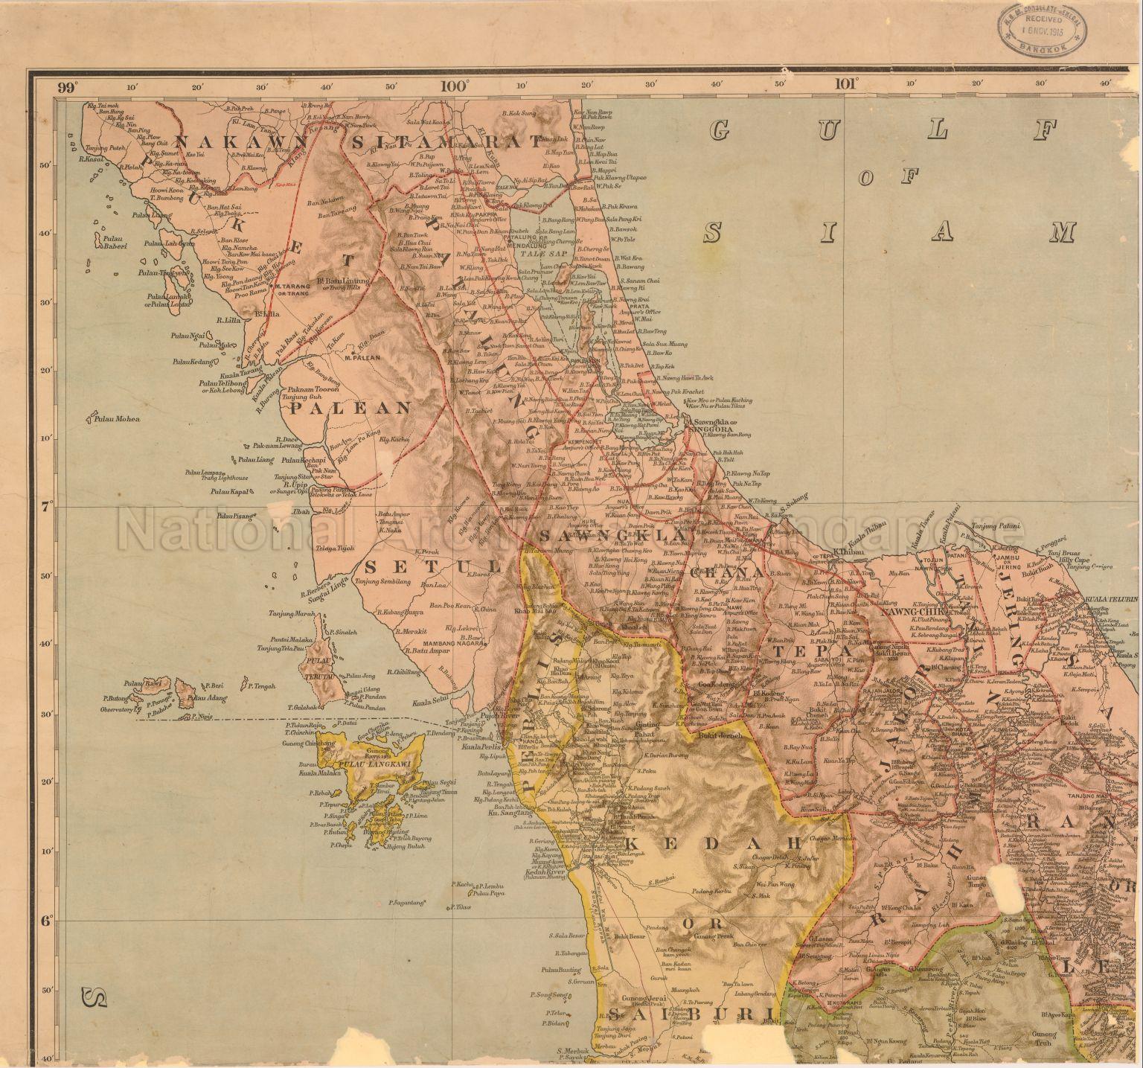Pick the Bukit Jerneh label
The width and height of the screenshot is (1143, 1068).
[717, 736]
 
